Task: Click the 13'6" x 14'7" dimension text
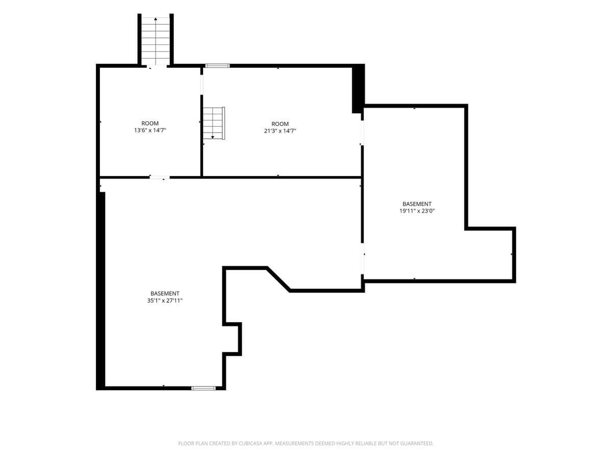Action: (x=150, y=130)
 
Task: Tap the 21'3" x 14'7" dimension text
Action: (x=280, y=131)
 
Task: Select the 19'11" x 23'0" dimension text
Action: (x=417, y=211)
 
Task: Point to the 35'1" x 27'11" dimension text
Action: (x=165, y=300)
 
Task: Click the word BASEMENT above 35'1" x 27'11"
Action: (x=165, y=293)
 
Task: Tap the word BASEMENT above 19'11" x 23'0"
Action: (x=417, y=204)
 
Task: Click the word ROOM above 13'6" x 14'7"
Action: (x=150, y=123)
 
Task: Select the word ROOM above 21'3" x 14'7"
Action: (x=280, y=124)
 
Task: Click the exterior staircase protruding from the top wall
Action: (x=156, y=41)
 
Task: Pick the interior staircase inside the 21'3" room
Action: (x=214, y=123)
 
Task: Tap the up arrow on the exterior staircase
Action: (x=156, y=19)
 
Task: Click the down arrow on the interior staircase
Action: (x=213, y=137)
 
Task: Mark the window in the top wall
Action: (x=217, y=66)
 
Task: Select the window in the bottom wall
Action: (x=203, y=388)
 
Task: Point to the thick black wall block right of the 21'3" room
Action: (x=359, y=89)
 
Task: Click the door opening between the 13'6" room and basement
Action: (x=160, y=177)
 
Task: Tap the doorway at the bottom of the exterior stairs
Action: (x=157, y=66)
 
